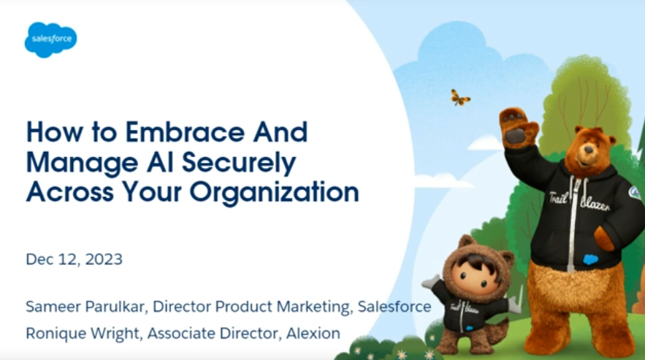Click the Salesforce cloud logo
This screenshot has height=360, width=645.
(50, 39)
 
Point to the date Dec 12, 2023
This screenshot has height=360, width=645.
(74, 259)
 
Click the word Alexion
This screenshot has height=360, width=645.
(312, 334)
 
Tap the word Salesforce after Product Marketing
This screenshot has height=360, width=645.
(394, 307)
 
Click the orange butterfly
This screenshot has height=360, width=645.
(460, 97)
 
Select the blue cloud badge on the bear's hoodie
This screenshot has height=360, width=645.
(590, 259)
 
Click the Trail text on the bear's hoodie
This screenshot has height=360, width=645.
(559, 198)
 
